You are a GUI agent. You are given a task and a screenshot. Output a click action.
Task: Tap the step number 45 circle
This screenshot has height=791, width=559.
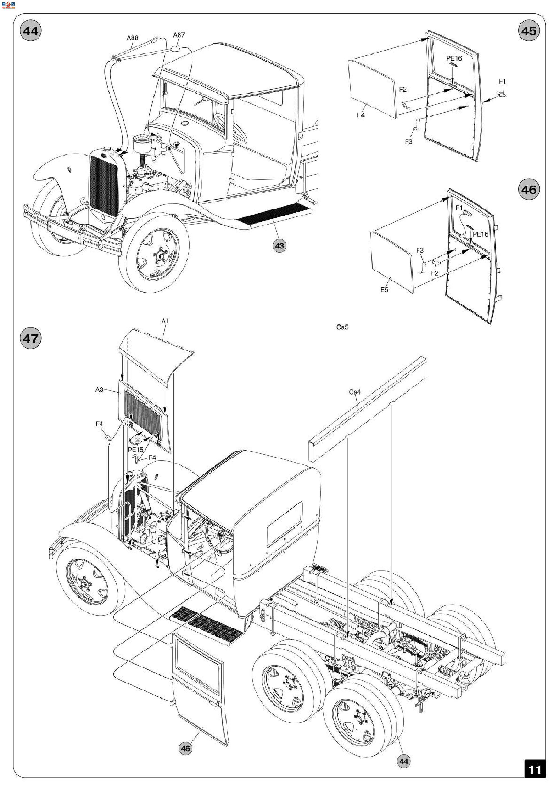(x=529, y=31)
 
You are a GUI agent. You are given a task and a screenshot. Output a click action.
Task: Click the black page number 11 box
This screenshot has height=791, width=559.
(x=535, y=769)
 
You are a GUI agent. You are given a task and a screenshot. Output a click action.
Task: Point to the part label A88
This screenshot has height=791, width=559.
(x=133, y=38)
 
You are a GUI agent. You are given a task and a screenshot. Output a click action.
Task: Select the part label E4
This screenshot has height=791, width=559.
(x=361, y=115)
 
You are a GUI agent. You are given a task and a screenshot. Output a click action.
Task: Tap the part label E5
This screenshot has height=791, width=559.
(x=384, y=290)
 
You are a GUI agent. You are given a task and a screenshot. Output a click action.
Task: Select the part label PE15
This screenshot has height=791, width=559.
(x=135, y=450)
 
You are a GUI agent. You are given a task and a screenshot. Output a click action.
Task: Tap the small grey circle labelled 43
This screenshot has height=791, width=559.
(x=280, y=246)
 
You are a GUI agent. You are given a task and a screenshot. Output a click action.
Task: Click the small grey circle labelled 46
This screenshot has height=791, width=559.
(x=185, y=748)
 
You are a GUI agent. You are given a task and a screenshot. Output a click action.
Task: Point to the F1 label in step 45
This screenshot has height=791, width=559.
(x=502, y=81)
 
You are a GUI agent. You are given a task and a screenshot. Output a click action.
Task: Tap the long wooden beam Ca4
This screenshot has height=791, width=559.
(x=367, y=409)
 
